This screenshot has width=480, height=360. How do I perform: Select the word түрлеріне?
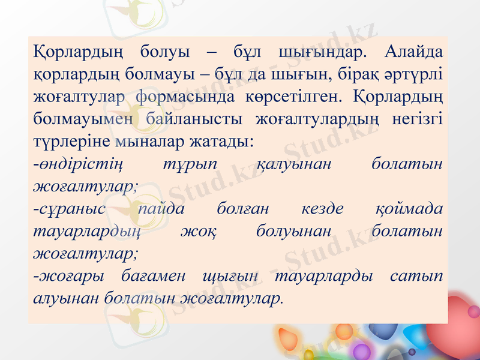69,142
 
